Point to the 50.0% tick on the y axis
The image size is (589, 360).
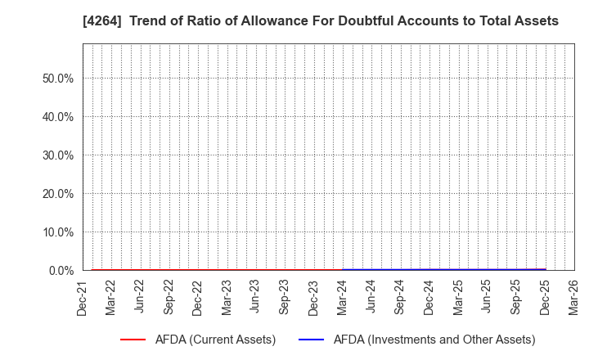click(57, 79)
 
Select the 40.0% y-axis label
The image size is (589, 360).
click(57, 117)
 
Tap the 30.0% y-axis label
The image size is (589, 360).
click(57, 155)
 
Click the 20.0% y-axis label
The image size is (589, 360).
click(57, 194)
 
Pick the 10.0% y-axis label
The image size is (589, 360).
click(57, 232)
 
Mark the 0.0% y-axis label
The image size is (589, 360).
click(61, 271)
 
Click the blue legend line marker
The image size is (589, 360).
click(316, 340)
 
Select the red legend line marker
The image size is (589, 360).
click(137, 340)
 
